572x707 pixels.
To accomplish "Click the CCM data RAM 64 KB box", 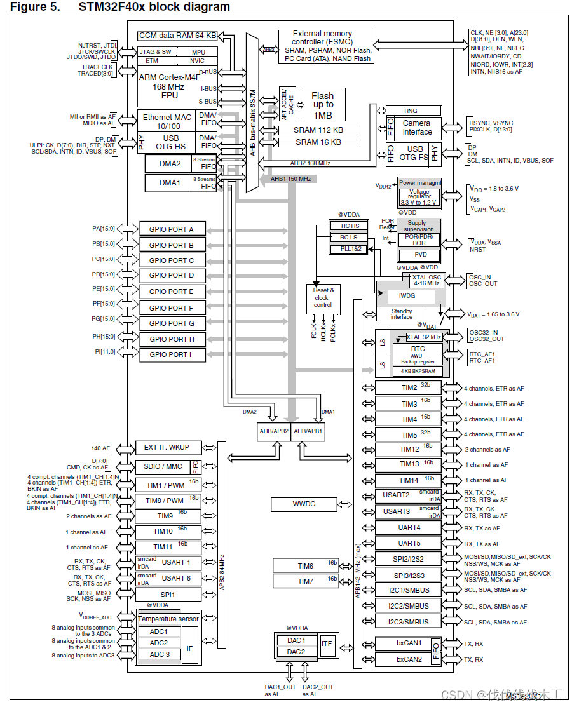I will tap(178, 36).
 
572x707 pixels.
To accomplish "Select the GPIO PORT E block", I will tap(172, 292).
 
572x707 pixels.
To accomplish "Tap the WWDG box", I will tap(304, 504).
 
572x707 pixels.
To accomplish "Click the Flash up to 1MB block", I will tap(322, 105).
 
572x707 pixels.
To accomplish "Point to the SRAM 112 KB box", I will tap(318, 130).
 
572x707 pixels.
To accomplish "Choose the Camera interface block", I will tap(416, 128).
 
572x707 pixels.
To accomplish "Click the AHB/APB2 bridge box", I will tap(273, 431).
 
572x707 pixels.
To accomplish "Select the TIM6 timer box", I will tap(306, 566).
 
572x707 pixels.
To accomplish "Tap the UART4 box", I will tap(409, 528).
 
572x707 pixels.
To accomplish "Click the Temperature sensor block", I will tap(168, 619).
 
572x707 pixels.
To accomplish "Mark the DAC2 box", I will tap(296, 652).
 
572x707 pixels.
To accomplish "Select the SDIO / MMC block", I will tap(163, 466).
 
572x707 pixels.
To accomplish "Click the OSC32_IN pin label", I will tap(483, 332).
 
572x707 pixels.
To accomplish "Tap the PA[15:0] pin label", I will tap(103, 229).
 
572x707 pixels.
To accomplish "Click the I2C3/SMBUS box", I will tap(409, 622).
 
